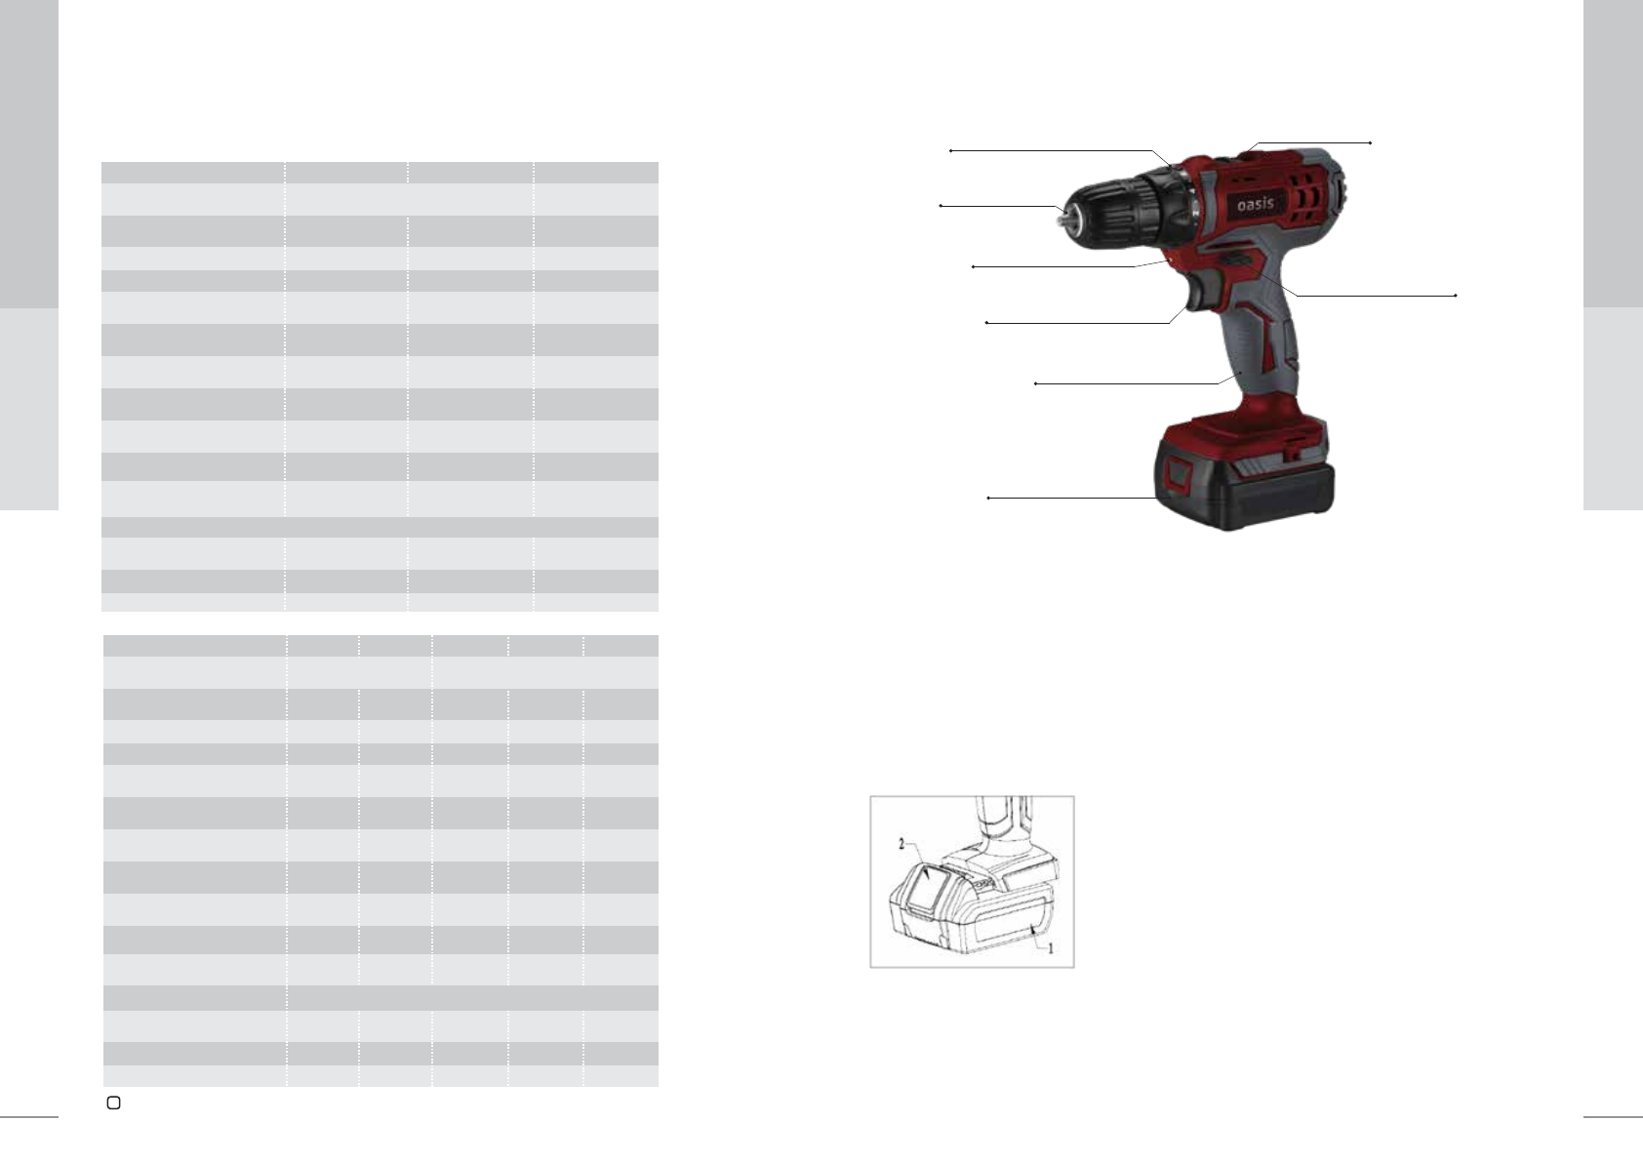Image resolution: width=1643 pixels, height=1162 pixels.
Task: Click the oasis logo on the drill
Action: click(x=1255, y=204)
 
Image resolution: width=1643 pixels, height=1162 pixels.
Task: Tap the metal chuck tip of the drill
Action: click(x=1062, y=218)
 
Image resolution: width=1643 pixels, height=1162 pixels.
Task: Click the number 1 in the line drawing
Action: click(x=1050, y=948)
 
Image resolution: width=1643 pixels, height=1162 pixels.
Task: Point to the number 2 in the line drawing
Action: click(x=902, y=844)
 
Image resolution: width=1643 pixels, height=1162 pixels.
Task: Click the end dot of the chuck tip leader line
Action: click(x=941, y=206)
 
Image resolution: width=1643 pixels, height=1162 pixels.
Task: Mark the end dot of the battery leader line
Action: click(x=988, y=499)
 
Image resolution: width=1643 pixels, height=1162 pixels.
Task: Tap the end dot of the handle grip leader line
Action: click(x=1035, y=383)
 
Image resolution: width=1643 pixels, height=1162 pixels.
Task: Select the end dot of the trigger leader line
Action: click(x=986, y=322)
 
